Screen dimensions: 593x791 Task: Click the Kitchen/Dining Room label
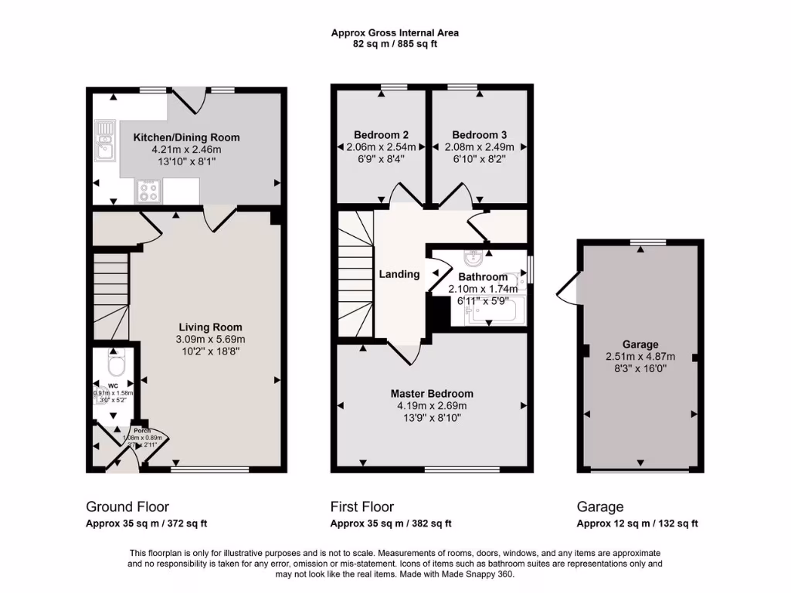186,137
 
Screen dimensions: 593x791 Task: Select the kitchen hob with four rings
148,190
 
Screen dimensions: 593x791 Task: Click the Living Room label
211,327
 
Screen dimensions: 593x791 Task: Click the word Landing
399,274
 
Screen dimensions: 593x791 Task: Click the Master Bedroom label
432,394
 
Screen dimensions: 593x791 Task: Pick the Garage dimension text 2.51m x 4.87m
640,357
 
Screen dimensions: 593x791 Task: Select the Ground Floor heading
127,507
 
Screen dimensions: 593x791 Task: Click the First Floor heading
362,507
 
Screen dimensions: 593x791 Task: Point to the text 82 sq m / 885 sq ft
395,44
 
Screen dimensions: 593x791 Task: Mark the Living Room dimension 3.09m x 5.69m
211,339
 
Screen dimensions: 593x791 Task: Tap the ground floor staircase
111,293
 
